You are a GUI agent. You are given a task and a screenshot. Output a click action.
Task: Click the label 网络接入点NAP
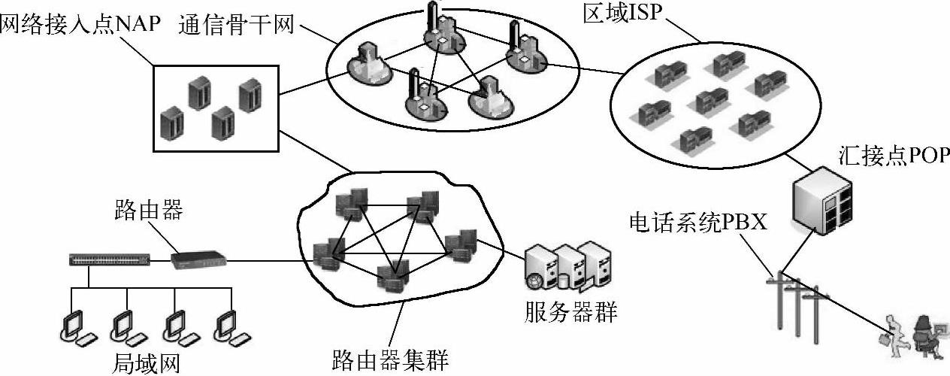click(x=81, y=24)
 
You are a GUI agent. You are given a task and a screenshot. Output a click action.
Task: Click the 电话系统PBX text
click(x=698, y=223)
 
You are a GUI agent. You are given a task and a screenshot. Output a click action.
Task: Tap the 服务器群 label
click(x=570, y=311)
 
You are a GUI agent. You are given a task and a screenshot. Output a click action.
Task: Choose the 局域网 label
click(x=147, y=364)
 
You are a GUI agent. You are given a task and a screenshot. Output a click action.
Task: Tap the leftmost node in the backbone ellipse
click(x=370, y=63)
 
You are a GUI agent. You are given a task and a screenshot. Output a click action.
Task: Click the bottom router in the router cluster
click(x=392, y=276)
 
